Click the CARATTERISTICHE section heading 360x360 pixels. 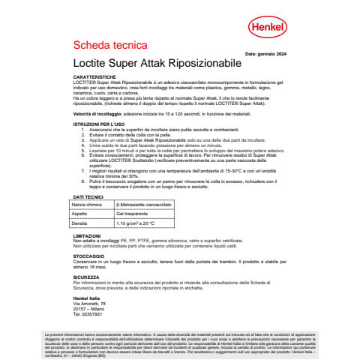coord(94,77)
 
